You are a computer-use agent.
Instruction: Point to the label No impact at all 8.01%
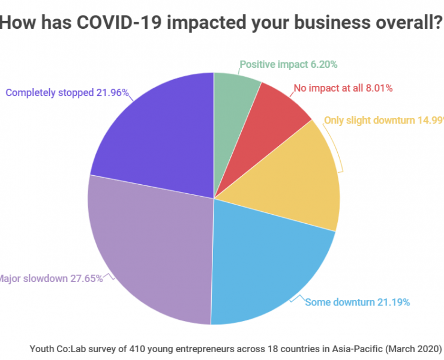click(x=343, y=88)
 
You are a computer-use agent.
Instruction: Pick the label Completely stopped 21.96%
click(x=67, y=92)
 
